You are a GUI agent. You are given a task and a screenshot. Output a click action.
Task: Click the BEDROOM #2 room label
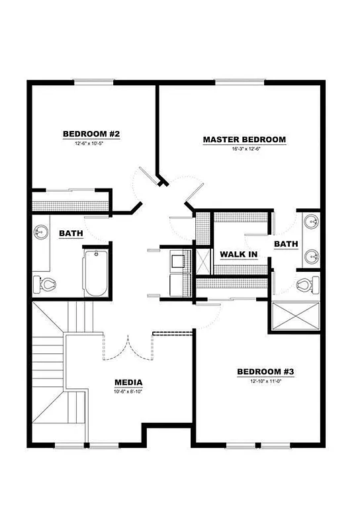pos(91,134)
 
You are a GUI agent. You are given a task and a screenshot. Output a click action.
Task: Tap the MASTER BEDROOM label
pos(244,140)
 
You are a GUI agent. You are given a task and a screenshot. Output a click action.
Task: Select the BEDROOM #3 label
pos(265,372)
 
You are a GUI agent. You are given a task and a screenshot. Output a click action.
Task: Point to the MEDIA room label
pos(128,382)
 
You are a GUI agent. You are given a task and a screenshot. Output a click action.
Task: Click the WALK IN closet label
pos(238,254)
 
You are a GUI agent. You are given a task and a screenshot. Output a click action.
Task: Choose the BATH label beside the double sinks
pos(287,244)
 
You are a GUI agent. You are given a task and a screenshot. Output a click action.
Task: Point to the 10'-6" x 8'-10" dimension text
pos(129,392)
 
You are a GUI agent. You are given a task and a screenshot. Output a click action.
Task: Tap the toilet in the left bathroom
pos(46,284)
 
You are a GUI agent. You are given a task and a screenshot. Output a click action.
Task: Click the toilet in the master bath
pos(306,285)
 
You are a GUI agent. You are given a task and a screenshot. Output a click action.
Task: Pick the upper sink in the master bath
pos(310,223)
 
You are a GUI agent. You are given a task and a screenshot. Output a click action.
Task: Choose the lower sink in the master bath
pos(310,257)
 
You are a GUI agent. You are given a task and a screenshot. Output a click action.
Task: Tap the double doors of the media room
pos(128,347)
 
